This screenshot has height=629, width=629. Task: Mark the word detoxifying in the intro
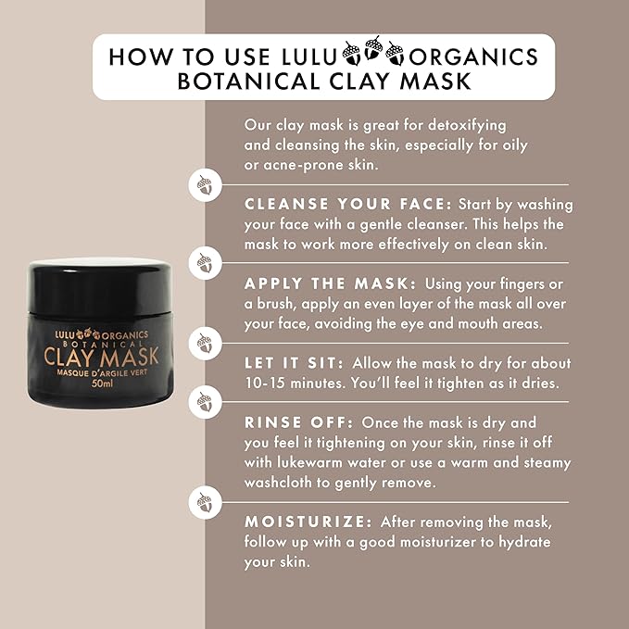(x=460, y=124)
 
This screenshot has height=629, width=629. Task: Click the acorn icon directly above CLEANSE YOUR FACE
(x=204, y=183)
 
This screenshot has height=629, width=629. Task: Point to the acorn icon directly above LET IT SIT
(x=204, y=343)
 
